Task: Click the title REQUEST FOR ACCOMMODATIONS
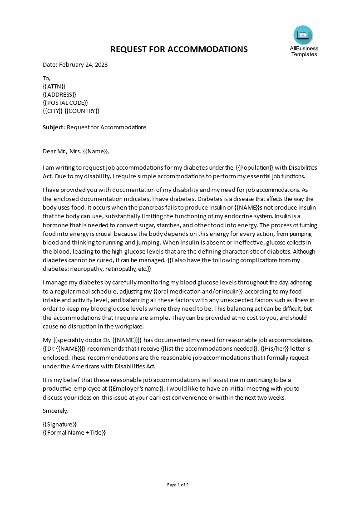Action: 179,49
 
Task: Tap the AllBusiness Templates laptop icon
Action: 303,34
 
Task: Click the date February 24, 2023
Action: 84,64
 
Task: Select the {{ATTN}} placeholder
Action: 54,86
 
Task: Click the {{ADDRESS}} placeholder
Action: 59,94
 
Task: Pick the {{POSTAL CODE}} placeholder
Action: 65,103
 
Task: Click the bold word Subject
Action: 54,127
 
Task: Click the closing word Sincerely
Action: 55,411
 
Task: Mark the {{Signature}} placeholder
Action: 59,424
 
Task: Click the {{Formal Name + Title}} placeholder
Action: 74,433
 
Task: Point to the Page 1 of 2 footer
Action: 178,485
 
